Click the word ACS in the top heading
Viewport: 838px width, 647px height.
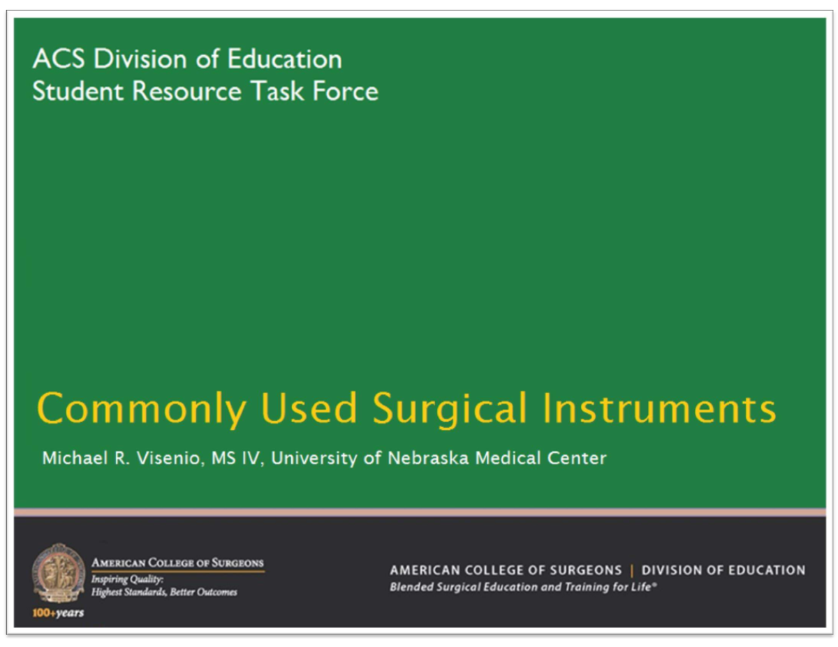point(58,59)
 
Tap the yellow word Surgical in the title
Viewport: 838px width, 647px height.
point(450,410)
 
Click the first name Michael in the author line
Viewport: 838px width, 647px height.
point(70,459)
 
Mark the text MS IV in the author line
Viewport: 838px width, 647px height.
point(235,459)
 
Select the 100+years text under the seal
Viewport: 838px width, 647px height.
point(58,613)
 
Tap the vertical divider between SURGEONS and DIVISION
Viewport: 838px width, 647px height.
point(632,570)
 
